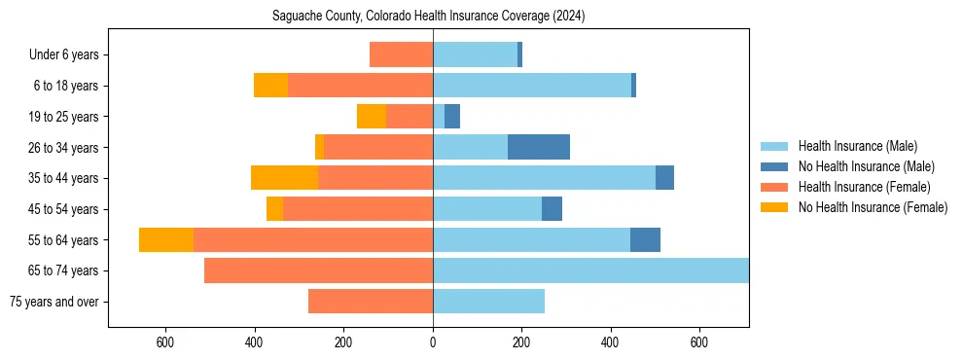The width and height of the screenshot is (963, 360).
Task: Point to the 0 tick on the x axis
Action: pos(433,342)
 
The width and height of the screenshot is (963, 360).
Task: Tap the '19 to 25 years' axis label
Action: pos(65,117)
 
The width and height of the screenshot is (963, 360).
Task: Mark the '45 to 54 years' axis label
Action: pos(65,209)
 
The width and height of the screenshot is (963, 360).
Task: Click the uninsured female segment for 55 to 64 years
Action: pos(166,240)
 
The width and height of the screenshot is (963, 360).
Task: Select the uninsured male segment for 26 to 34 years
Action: pos(539,148)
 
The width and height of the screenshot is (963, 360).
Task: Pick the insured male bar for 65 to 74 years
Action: pos(590,270)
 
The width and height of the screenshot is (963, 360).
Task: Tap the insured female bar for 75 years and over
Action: pos(371,302)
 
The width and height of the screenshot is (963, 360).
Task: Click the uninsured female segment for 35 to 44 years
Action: pos(284,178)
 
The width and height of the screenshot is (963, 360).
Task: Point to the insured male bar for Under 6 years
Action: pos(475,55)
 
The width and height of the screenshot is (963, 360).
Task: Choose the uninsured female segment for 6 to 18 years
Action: pos(270,86)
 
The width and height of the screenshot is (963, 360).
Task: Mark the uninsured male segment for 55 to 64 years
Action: pos(645,240)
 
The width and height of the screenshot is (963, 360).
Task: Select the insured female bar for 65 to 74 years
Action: pos(318,270)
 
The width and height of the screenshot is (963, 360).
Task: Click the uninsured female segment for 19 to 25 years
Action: pos(372,117)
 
